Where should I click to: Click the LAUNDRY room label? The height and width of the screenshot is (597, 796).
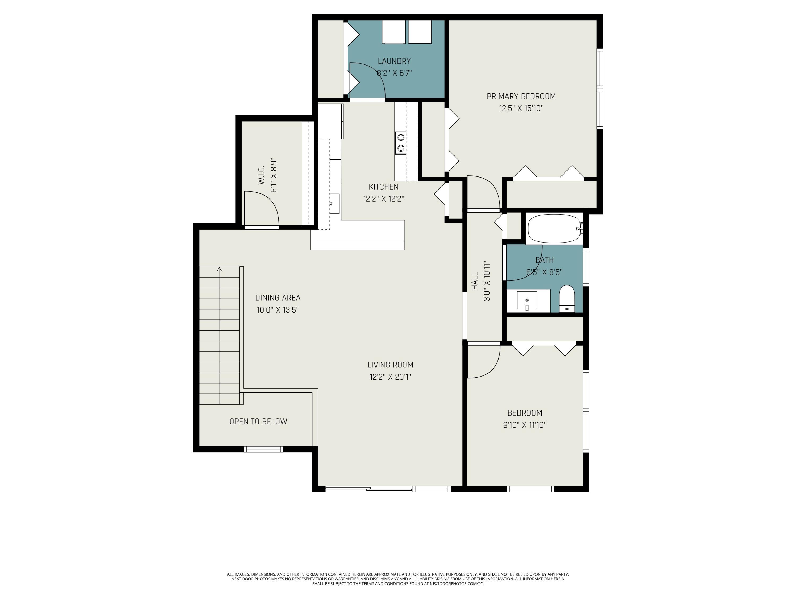(394, 61)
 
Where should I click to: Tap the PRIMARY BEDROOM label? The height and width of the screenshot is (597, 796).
(521, 96)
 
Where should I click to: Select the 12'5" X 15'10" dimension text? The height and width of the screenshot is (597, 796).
(521, 108)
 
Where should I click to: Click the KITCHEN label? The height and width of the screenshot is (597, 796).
(384, 187)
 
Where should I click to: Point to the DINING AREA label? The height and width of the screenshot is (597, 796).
(278, 298)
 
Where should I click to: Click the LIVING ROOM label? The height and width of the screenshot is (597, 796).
(391, 365)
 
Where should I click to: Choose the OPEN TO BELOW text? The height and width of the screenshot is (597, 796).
(258, 421)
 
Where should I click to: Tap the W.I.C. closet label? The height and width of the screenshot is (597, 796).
(262, 175)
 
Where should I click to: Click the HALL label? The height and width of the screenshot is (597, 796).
(475, 281)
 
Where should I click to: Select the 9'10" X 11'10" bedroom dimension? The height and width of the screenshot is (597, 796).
(525, 425)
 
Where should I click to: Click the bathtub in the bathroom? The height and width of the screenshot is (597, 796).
(555, 229)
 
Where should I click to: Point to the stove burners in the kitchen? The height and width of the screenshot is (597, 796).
(400, 143)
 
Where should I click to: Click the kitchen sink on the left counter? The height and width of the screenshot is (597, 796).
(334, 204)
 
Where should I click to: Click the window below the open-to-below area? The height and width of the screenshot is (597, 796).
(264, 449)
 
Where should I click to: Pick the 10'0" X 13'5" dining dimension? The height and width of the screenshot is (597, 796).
(278, 310)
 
